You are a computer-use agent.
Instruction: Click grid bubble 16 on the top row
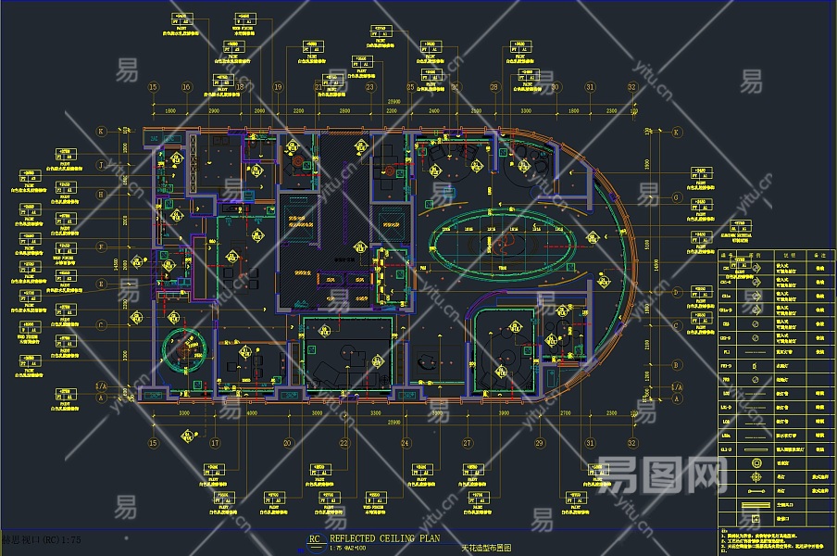186,87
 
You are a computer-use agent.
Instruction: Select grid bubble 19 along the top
278,87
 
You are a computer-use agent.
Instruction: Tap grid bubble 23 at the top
369,87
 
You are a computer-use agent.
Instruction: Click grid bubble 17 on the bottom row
215,444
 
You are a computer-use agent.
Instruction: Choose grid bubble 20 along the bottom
288,444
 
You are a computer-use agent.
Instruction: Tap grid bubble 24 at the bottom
405,444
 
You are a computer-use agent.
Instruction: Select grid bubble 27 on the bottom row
468,444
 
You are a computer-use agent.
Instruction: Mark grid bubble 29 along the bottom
539,444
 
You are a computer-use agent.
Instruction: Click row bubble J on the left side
102,164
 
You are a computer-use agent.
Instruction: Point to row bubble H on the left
102,195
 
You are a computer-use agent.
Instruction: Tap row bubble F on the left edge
102,247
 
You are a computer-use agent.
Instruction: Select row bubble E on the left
102,284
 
